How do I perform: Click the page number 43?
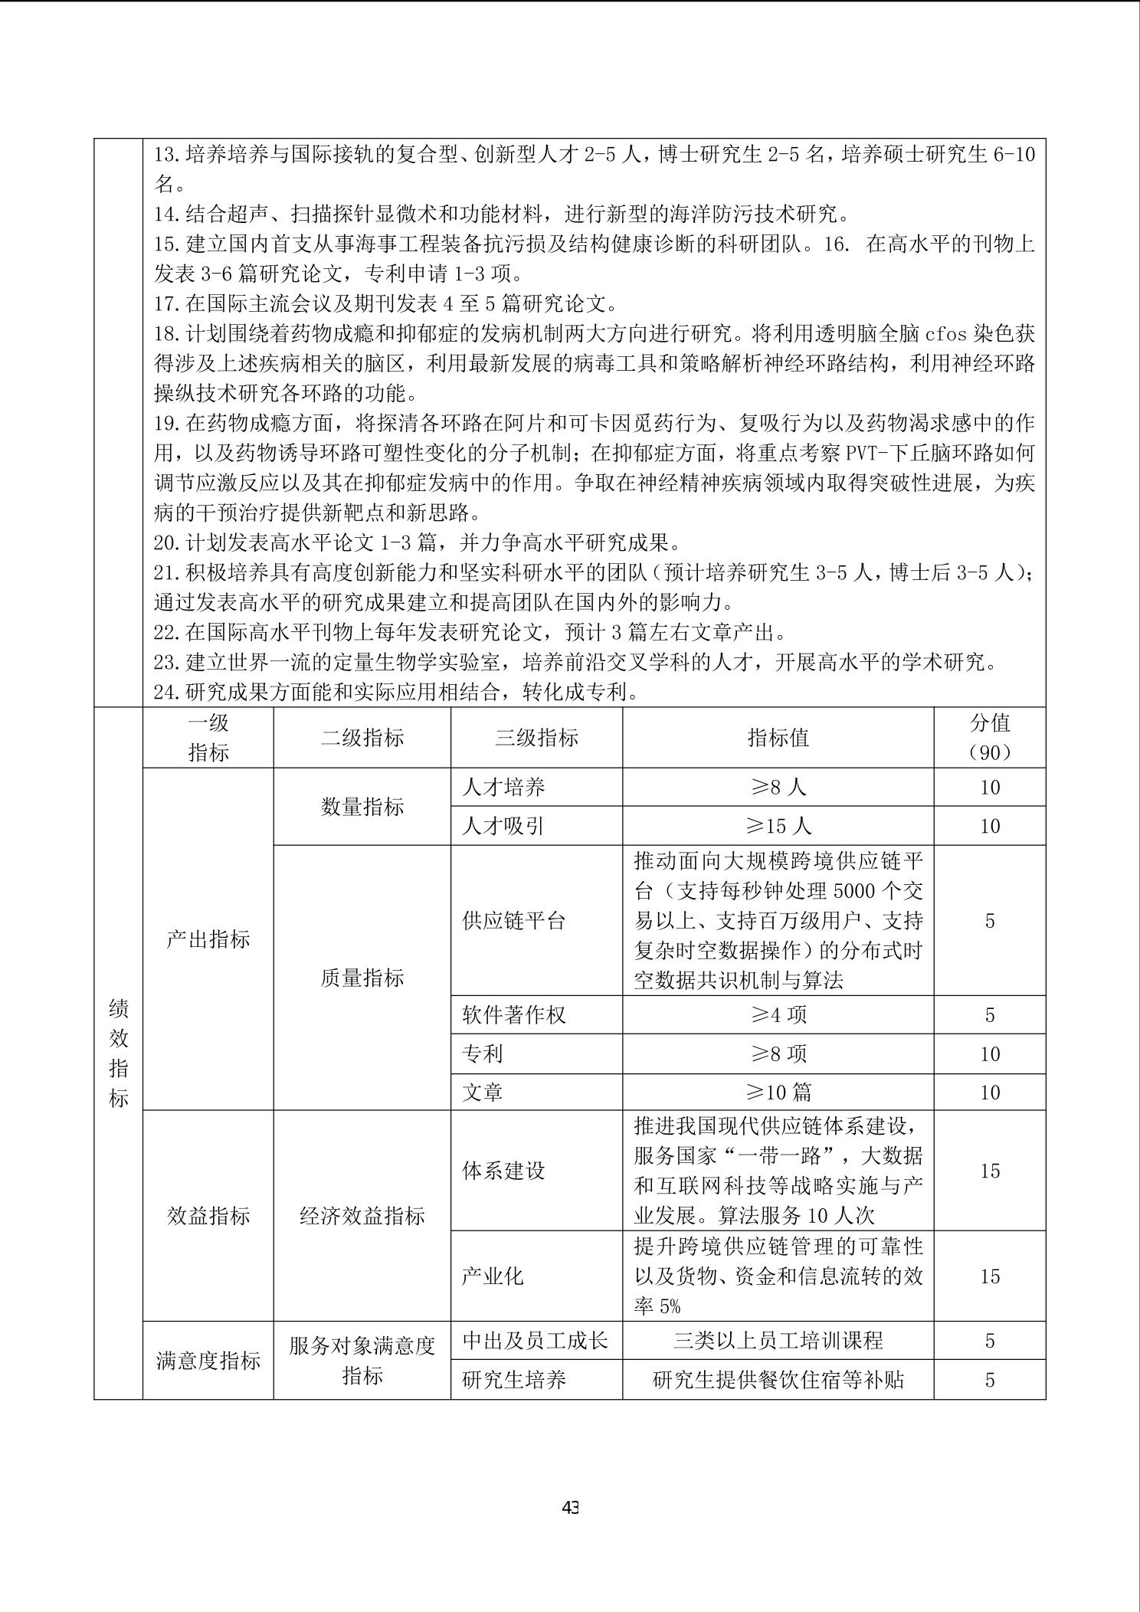click(570, 1507)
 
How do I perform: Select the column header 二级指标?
click(362, 738)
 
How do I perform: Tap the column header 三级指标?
click(536, 738)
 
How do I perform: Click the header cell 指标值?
click(778, 738)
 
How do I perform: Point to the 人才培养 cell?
click(503, 787)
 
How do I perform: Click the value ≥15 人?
click(778, 826)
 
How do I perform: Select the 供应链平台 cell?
click(513, 920)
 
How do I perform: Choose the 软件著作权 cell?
click(513, 1015)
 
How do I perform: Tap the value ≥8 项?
click(778, 1054)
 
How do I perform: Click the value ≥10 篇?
click(778, 1092)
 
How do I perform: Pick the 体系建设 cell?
click(503, 1171)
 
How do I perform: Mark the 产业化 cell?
click(493, 1276)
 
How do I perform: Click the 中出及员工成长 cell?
click(535, 1340)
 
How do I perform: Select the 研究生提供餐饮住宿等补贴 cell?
click(778, 1380)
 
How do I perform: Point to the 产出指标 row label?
click(208, 939)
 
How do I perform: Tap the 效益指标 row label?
click(208, 1216)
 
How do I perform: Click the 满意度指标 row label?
click(208, 1361)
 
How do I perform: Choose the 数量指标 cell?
click(362, 807)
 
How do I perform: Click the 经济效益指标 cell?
click(362, 1216)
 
